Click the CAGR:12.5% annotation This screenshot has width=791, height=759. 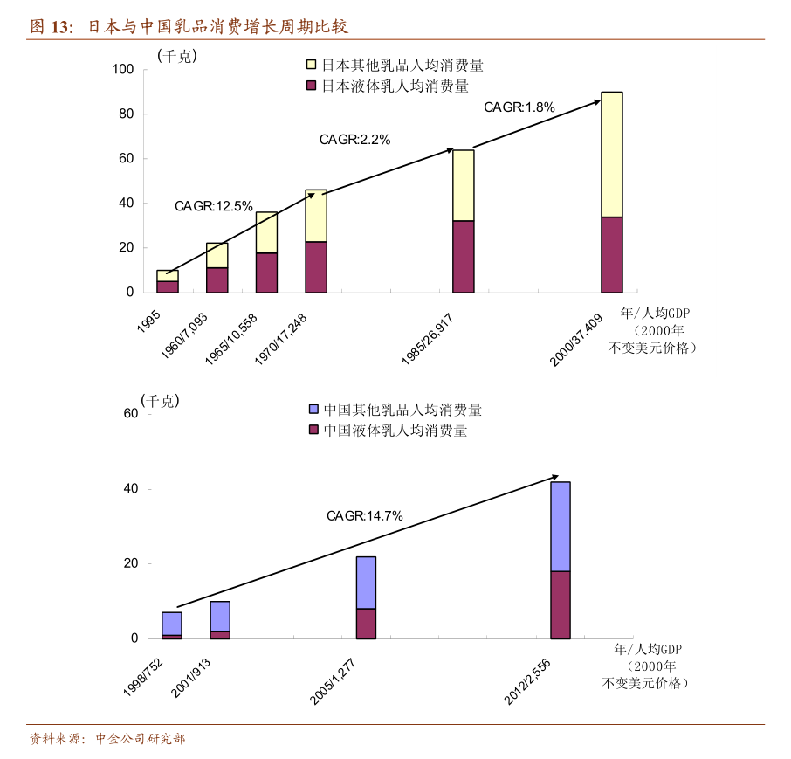[x=213, y=207]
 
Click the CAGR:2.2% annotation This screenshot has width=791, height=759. [x=354, y=139]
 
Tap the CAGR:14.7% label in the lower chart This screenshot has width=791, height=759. [x=364, y=516]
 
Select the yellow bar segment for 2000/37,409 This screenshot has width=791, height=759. [x=612, y=154]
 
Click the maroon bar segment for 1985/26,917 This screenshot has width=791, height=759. [x=464, y=256]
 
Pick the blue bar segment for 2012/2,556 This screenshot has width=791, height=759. [x=560, y=526]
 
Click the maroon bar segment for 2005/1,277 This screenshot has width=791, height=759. [x=366, y=624]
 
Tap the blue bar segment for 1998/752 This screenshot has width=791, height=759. [x=172, y=624]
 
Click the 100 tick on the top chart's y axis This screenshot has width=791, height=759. [x=123, y=70]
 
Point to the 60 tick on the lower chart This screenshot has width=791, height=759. [x=131, y=414]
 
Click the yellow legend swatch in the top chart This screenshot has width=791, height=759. [x=311, y=66]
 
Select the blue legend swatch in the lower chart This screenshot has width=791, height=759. [x=313, y=410]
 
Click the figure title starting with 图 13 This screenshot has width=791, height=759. [x=189, y=26]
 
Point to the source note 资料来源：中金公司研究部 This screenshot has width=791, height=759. [x=107, y=739]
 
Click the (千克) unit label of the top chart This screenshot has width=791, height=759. [x=177, y=56]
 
